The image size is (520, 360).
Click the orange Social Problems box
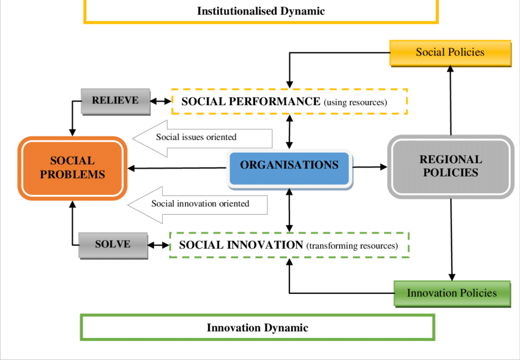73,167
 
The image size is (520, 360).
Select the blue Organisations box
289,166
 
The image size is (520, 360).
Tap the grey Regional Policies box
451,166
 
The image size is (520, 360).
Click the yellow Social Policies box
450,53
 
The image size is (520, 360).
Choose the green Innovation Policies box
451,293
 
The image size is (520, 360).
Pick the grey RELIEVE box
115,101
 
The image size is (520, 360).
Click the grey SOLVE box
113,244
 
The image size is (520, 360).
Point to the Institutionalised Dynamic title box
261,11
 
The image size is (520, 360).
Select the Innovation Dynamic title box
258,328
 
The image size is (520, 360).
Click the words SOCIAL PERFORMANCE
251,101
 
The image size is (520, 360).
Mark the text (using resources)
355,103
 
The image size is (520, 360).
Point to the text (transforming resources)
352,246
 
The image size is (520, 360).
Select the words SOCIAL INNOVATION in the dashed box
241,245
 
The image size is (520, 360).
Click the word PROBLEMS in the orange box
73,175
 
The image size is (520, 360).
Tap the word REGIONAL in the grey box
451,160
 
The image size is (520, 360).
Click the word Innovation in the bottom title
232,328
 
